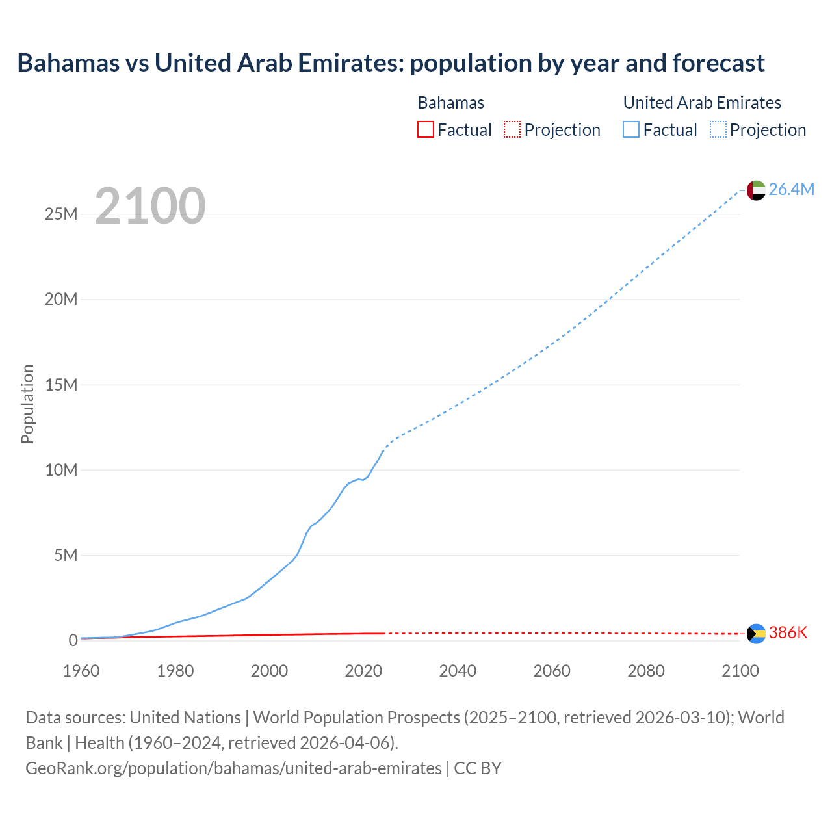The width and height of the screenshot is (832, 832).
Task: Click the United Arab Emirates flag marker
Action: [755, 190]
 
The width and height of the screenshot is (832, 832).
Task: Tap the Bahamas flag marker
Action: [756, 634]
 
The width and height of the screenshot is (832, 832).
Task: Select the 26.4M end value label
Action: [791, 189]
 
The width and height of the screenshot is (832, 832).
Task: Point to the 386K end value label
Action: [788, 633]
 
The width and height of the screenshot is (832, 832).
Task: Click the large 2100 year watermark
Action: [150, 206]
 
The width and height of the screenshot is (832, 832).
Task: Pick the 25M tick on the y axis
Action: [61, 214]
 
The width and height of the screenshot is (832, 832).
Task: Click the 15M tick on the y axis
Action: [61, 385]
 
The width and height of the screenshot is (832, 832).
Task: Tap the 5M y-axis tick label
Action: [66, 555]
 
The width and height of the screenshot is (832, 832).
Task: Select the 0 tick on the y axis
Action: [73, 640]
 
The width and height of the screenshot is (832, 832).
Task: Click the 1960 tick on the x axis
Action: [81, 671]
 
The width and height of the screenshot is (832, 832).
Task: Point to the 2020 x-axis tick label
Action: [363, 671]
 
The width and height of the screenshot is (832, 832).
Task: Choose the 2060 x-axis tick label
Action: [552, 671]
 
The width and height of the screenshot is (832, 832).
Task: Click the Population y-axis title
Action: [27, 404]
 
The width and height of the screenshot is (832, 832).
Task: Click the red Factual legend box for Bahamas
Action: [426, 129]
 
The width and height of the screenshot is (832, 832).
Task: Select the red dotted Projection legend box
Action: [512, 129]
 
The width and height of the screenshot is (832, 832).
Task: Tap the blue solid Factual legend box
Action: [631, 129]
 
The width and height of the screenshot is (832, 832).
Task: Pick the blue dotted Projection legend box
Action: [718, 129]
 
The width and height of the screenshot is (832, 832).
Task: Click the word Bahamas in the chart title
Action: [68, 63]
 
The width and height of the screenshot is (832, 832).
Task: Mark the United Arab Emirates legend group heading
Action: [702, 103]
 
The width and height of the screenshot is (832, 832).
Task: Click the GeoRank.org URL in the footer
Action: [233, 768]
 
